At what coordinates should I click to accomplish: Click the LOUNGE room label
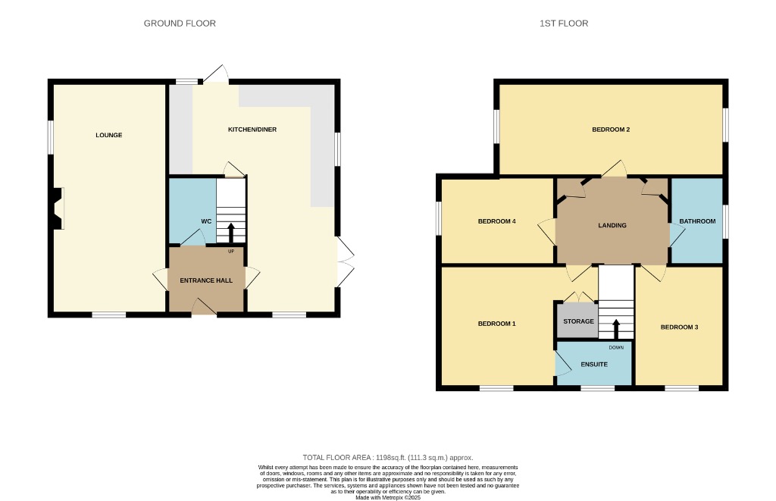point(109,135)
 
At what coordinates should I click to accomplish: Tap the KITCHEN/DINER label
point(252,130)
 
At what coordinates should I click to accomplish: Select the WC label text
point(205,221)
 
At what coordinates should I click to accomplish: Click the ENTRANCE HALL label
point(206,280)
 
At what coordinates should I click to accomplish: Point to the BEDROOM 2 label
point(611,130)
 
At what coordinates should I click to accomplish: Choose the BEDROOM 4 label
point(496,221)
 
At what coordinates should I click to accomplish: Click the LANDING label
point(612,225)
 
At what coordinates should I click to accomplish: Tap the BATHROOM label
point(697,221)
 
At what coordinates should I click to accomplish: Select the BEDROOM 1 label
point(496,324)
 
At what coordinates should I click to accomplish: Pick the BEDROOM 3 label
point(679,327)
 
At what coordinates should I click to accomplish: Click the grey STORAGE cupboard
point(578,321)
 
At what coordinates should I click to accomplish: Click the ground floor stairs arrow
point(231,232)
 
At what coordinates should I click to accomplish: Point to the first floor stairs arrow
point(615,329)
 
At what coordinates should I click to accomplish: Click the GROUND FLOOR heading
point(180,23)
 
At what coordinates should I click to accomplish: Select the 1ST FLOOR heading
point(564,23)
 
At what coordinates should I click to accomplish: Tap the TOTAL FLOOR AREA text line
point(387,458)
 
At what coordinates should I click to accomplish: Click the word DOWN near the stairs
point(615,347)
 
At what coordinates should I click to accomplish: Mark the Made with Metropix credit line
point(387,497)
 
